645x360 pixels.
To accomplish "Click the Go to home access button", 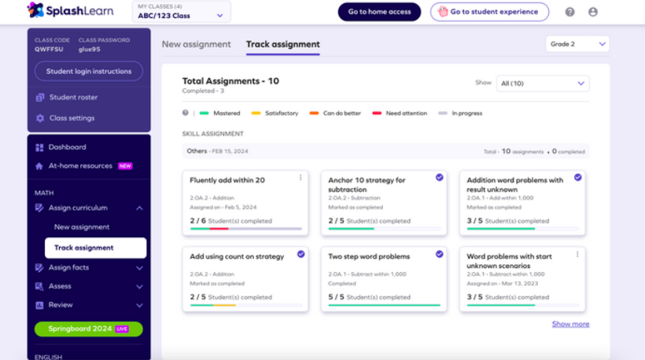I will [x=379, y=12].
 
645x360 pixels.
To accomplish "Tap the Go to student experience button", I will [x=489, y=12].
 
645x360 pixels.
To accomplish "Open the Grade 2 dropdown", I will [x=577, y=44].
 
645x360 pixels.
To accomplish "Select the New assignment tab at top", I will [x=197, y=44].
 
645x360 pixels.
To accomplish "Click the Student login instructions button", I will [x=88, y=71].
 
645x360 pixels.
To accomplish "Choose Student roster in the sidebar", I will [x=73, y=97].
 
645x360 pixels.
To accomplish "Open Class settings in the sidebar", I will [x=72, y=118].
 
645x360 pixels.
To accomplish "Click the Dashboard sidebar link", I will [x=67, y=147].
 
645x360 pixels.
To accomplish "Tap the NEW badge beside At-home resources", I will [x=125, y=167].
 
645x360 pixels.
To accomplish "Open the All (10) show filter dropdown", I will [x=543, y=83].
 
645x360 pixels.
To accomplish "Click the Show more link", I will [x=570, y=324].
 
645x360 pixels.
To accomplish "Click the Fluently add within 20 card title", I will [x=227, y=180].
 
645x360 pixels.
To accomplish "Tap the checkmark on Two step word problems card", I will [x=440, y=254].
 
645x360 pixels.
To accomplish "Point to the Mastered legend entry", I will [x=227, y=113].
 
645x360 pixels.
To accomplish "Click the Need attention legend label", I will [x=406, y=113].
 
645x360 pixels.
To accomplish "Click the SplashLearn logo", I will [x=71, y=10].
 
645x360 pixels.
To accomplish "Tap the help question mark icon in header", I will [x=570, y=12].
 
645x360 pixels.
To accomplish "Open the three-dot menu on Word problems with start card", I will [x=577, y=254].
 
